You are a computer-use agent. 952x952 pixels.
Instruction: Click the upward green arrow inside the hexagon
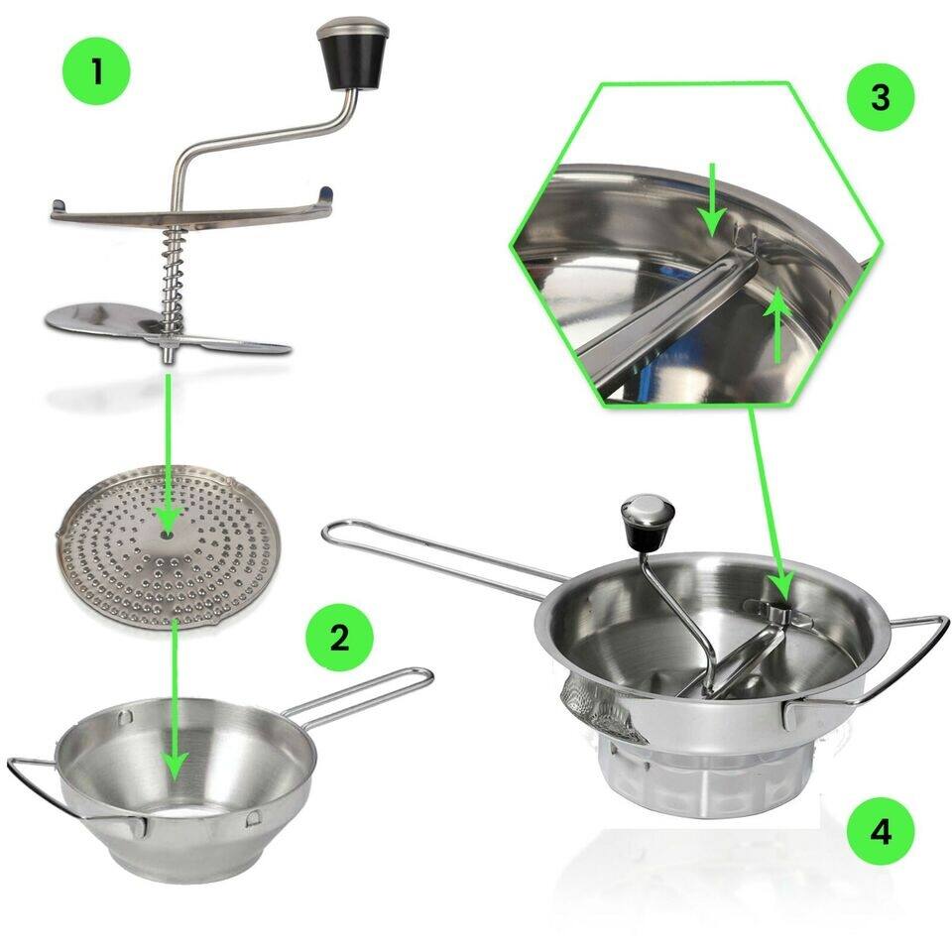[778, 323]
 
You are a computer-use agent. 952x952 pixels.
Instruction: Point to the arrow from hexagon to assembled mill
[764, 496]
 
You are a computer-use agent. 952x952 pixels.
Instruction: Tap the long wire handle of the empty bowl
[367, 690]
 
